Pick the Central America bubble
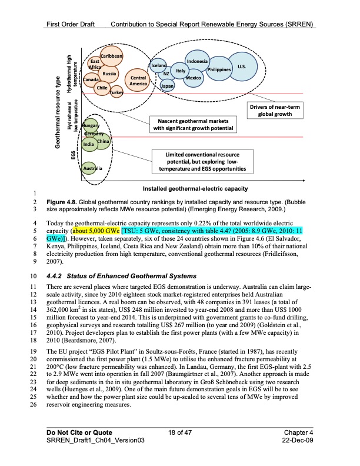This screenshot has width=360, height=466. tap(138, 81)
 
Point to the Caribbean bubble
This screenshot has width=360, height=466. tap(111, 56)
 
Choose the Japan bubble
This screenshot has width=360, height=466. tap(167, 86)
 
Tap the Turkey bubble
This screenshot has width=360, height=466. tap(116, 93)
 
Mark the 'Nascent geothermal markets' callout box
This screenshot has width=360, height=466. tap(194, 125)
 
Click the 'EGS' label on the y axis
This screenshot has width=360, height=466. tap(72, 155)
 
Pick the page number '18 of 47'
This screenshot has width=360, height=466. tap(180, 432)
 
